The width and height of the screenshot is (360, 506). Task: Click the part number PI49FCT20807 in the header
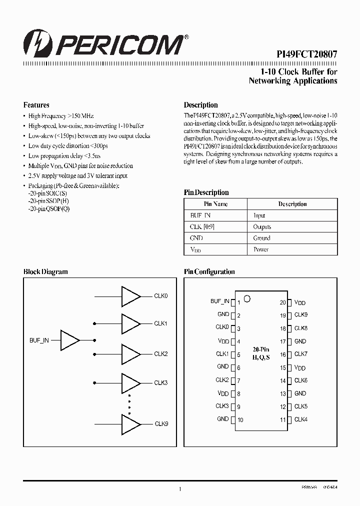click(x=307, y=56)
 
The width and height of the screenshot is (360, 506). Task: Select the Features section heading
click(x=36, y=105)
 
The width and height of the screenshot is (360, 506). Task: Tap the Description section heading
click(x=200, y=105)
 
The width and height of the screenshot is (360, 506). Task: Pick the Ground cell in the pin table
click(x=261, y=238)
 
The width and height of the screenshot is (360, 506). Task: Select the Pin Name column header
click(x=215, y=204)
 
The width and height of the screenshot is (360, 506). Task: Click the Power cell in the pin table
click(x=260, y=249)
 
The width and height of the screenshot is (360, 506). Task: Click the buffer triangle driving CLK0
click(x=131, y=296)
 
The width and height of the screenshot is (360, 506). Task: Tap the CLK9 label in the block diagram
click(x=161, y=424)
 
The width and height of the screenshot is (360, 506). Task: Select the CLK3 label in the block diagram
click(x=160, y=383)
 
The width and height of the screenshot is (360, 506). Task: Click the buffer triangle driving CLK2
click(x=131, y=354)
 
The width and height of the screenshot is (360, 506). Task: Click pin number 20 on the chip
click(x=282, y=303)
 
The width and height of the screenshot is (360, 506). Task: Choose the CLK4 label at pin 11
click(x=300, y=419)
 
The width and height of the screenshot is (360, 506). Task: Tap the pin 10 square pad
click(x=232, y=419)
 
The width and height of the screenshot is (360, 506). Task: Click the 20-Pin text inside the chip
click(x=260, y=350)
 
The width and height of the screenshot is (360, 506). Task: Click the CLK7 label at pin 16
click(x=300, y=354)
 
